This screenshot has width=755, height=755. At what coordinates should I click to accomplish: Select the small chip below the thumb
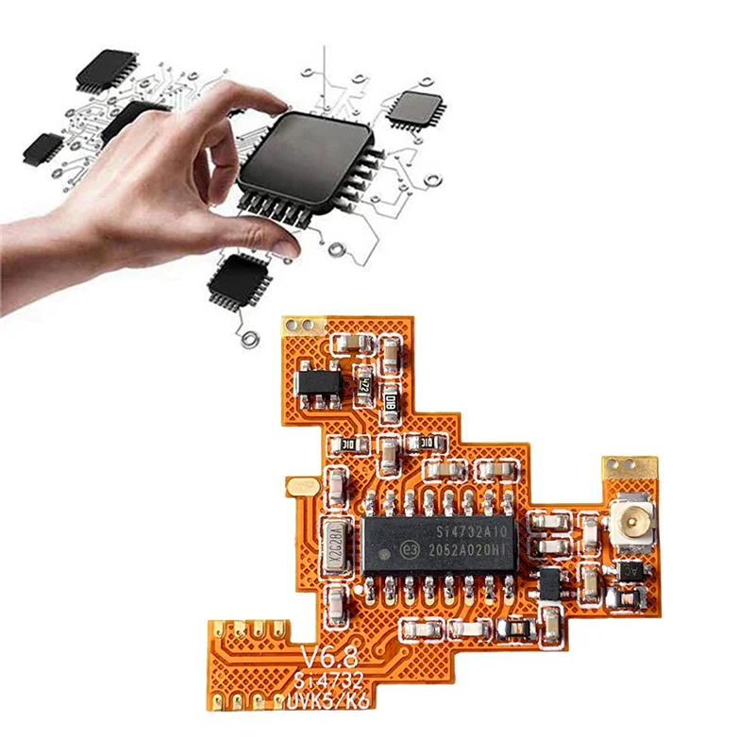click(x=239, y=277)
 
